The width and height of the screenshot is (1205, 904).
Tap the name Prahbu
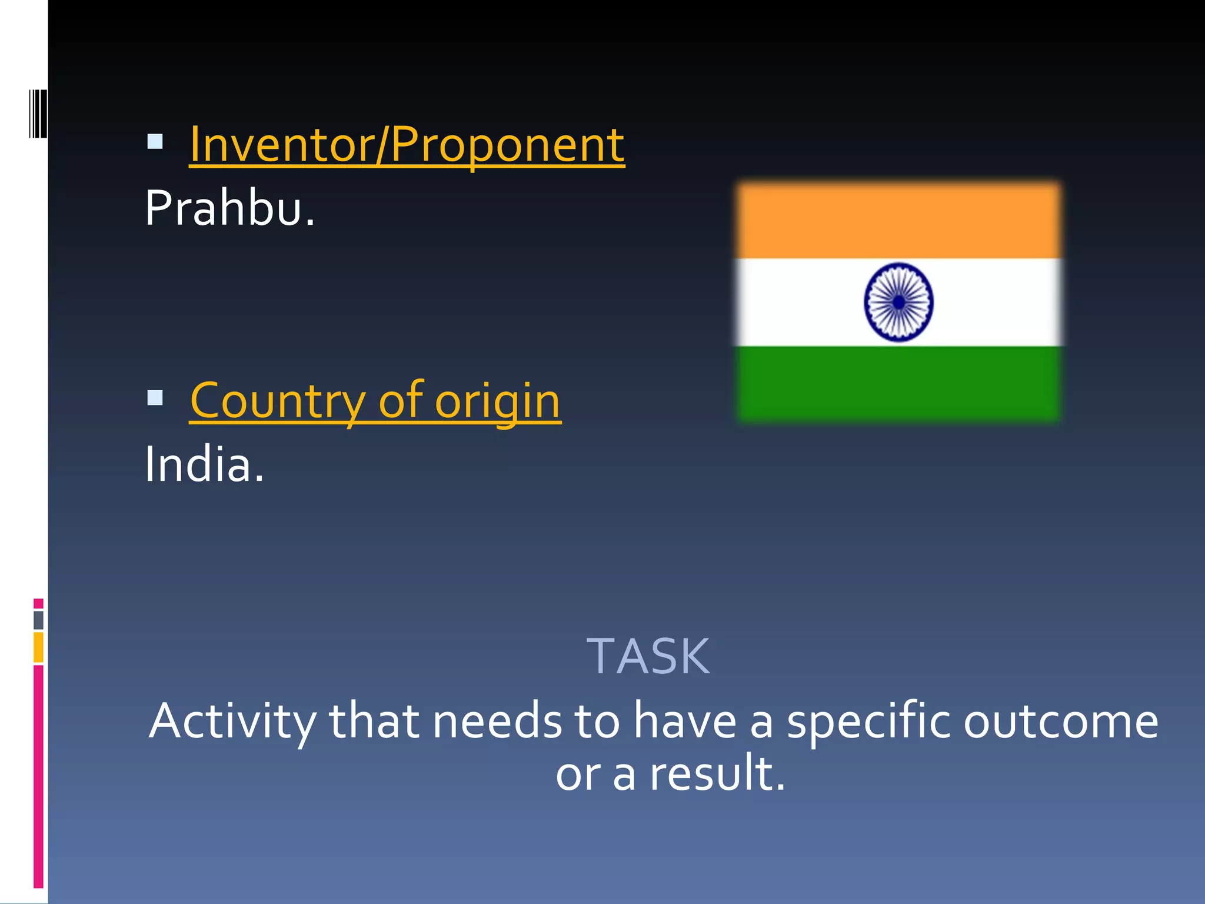coord(229,208)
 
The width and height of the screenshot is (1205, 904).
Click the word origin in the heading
coord(497,401)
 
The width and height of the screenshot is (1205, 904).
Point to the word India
coord(204,465)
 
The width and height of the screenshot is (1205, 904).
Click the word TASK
coord(648,657)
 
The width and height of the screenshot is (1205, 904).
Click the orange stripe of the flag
coord(898,221)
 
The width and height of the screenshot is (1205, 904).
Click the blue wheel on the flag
coord(898,302)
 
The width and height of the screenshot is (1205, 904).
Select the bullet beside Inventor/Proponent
coord(155,141)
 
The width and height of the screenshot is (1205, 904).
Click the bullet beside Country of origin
coord(155,398)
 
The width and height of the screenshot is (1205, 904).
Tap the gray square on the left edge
coord(39,620)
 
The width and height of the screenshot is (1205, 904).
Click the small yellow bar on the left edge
coord(39,647)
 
